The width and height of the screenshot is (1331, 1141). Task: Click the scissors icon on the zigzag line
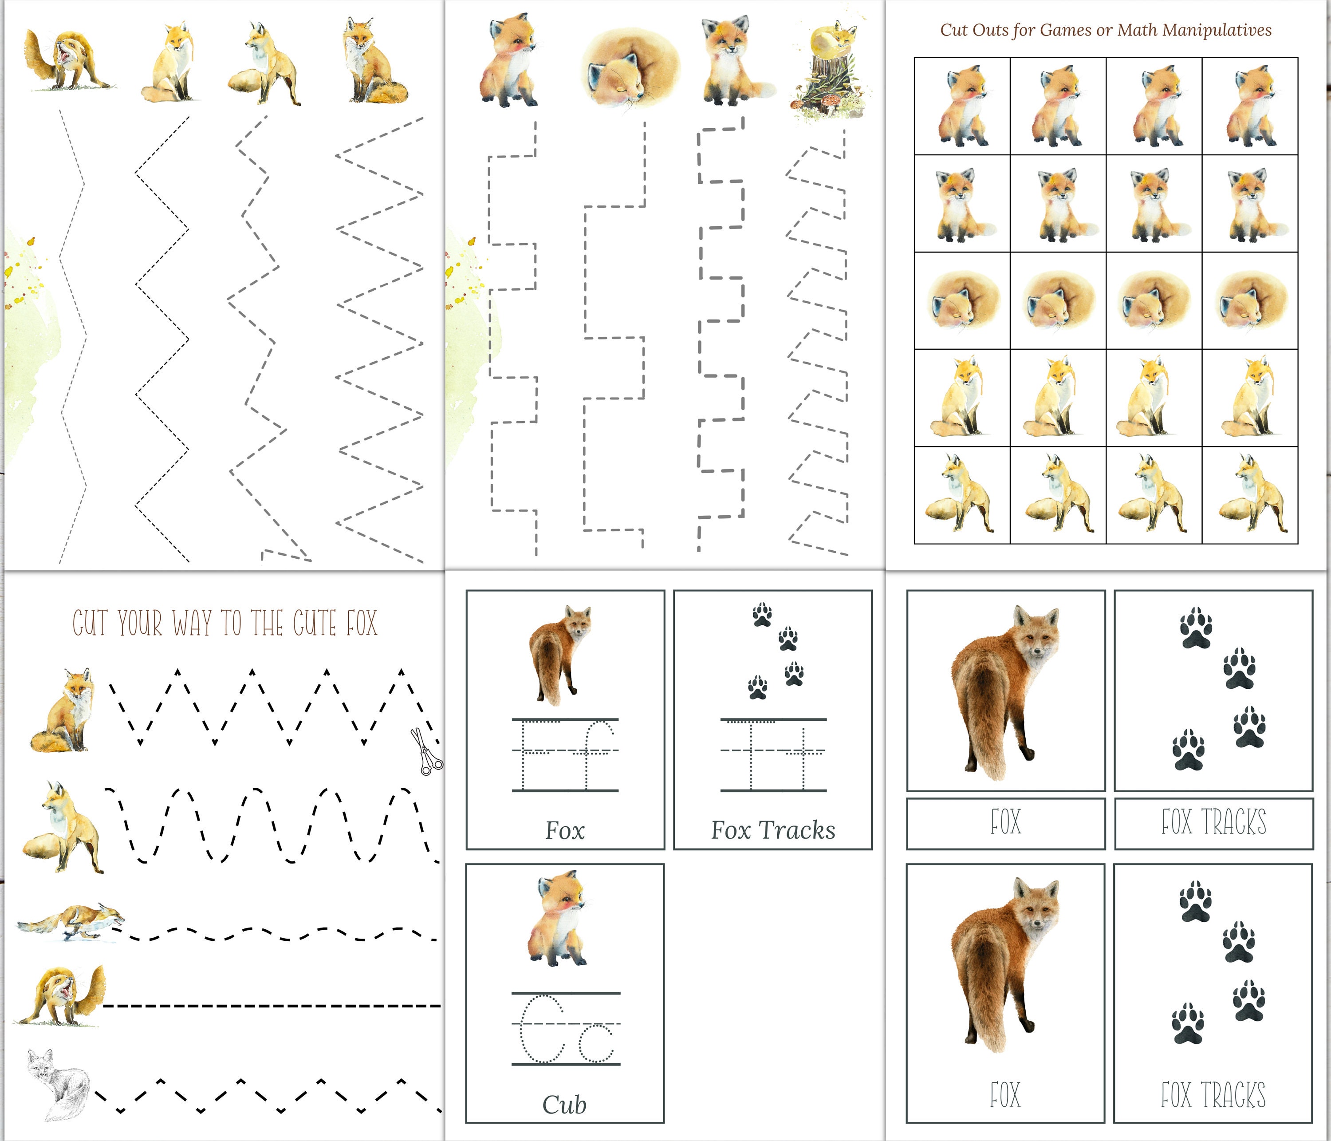coord(426,752)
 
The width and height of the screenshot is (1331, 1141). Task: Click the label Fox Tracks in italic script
coord(773,830)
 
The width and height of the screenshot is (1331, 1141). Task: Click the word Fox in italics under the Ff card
coord(565,830)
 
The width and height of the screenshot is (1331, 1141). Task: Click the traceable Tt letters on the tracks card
coord(774,755)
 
